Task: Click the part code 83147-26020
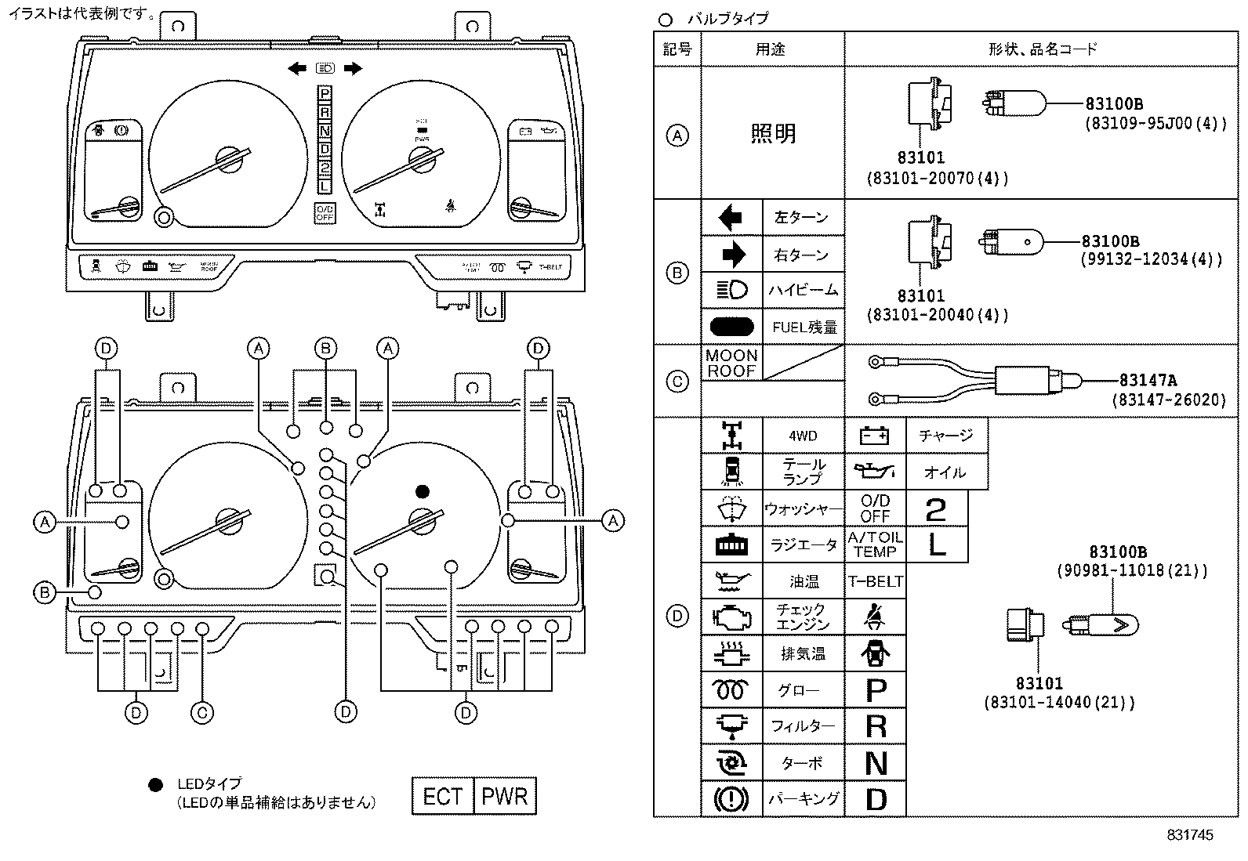(x=1168, y=400)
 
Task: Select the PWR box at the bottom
(x=505, y=797)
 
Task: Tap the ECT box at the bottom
(x=443, y=797)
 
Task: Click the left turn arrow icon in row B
(x=731, y=217)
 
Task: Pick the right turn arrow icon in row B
(x=731, y=255)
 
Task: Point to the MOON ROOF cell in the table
(x=731, y=364)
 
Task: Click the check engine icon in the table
(x=731, y=617)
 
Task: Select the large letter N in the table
(x=876, y=763)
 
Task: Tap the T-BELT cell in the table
(x=875, y=581)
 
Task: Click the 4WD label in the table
(x=803, y=436)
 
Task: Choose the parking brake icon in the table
(x=731, y=799)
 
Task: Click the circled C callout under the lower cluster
(x=201, y=713)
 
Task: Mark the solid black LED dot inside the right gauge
(x=422, y=491)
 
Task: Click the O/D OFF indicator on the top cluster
(x=325, y=213)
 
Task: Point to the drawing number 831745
(x=1189, y=835)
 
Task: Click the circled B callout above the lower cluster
(x=325, y=349)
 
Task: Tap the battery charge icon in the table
(x=874, y=436)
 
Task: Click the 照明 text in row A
(x=773, y=134)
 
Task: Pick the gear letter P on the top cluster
(x=325, y=94)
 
